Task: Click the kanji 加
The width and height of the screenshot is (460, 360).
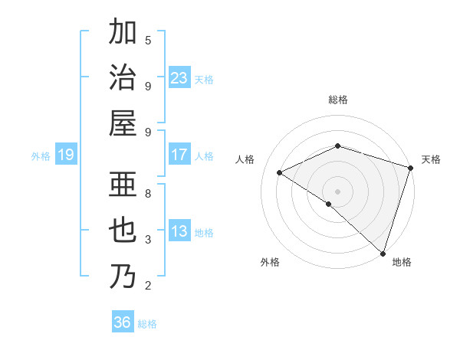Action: pos(123,34)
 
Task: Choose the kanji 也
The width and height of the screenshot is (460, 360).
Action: pos(123,231)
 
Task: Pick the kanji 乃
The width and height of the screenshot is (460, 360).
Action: pos(123,276)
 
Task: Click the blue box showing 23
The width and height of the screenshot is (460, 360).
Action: pos(179,78)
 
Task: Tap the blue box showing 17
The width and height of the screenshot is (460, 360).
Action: pos(179,155)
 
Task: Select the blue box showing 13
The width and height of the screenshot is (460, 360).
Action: pos(179,231)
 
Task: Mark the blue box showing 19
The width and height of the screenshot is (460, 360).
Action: pos(66,155)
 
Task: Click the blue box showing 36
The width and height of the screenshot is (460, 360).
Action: pos(123,322)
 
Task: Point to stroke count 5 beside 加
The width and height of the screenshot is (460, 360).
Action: pos(148,40)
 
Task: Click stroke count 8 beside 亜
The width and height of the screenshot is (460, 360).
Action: pos(148,194)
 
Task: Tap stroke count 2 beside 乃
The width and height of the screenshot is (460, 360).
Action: pos(148,286)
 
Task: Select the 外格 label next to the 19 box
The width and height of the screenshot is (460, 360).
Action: pos(41,156)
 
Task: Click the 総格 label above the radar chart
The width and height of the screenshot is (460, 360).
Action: pos(338,100)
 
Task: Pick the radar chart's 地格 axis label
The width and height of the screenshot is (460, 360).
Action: pos(402,263)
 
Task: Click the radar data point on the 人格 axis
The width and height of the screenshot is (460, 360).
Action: pos(280,173)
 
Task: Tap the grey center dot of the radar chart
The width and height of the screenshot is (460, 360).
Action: pos(337,191)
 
